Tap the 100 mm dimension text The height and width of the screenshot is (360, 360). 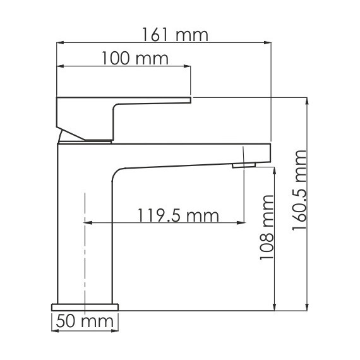click(135, 59)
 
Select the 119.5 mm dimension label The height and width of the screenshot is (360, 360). click(177, 216)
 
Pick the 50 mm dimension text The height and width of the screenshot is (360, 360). click(84, 322)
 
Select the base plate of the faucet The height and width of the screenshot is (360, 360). click(85, 306)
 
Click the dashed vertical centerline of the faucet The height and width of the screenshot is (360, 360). click(84, 253)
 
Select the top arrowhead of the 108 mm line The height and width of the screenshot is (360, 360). click(275, 171)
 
